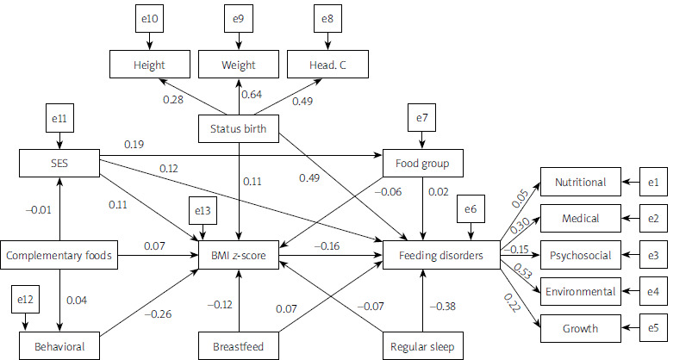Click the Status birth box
point(239,129)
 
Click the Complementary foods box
point(59,255)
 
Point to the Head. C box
point(328,64)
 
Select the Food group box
point(422,162)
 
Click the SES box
point(59,162)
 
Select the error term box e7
point(422,117)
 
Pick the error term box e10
point(149,19)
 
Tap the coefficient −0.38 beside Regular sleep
point(444,306)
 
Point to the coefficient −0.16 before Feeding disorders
point(331,245)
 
